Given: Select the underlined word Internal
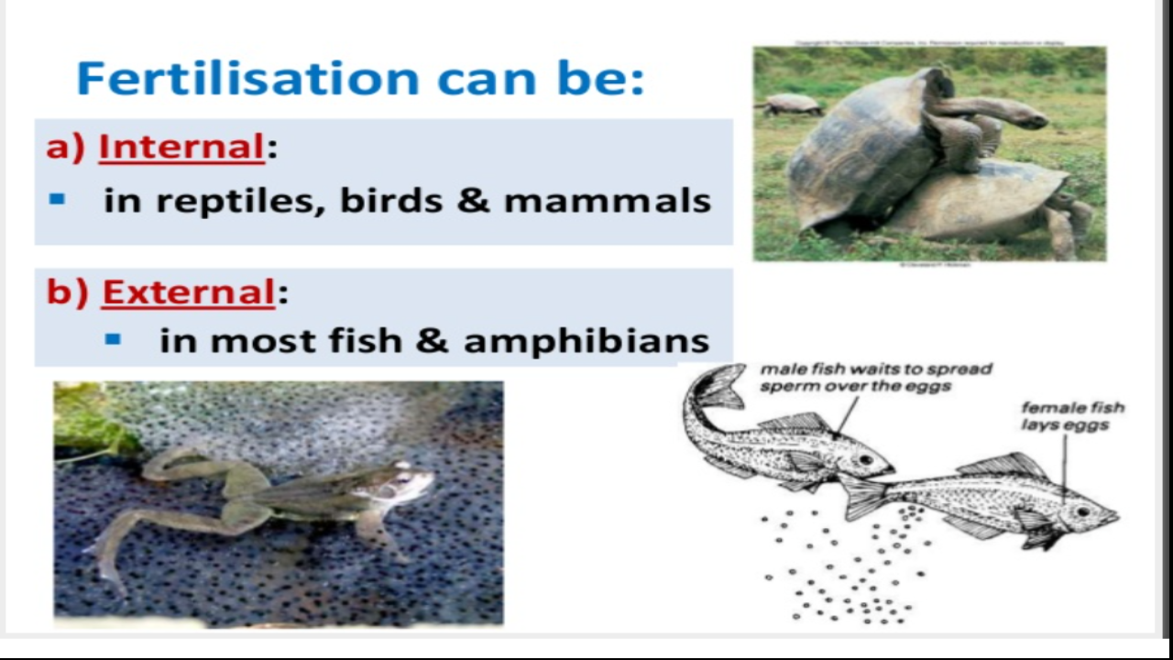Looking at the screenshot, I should point(181,147).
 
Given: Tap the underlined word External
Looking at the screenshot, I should point(188,292).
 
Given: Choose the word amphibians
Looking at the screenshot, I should point(586,341).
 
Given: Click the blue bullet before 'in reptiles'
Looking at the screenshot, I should point(58,199).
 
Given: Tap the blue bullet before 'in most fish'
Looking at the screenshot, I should point(114,339).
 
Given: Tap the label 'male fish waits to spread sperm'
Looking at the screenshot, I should point(875,377).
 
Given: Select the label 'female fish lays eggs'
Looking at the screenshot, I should point(1072,415).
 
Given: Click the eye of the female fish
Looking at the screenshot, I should point(1084,511).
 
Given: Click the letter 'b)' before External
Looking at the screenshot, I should point(68,292).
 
